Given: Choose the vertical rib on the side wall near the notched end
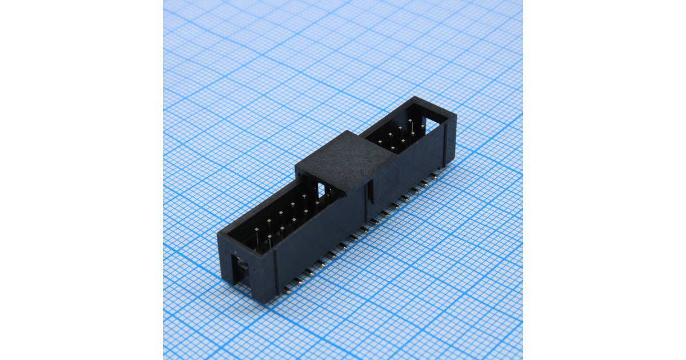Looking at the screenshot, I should [276, 269].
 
